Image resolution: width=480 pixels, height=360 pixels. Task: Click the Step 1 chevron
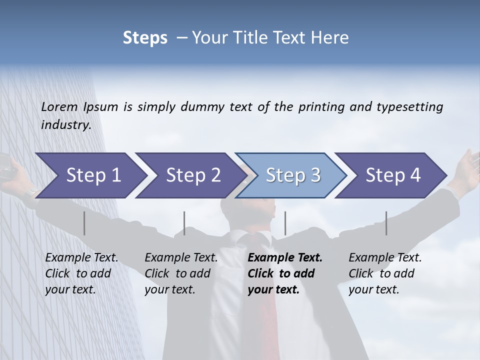pos(93,175)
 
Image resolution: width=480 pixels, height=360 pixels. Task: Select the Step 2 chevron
pos(193,175)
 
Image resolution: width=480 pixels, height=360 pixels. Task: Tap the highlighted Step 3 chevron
pos(293,175)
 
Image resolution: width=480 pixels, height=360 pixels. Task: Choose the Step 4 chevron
pos(393,175)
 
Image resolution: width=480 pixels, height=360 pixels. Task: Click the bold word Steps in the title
pos(145,37)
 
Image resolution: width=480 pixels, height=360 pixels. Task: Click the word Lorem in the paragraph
pos(59,106)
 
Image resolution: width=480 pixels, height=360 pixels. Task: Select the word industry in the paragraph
pos(65,125)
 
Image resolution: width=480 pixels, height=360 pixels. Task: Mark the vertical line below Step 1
pos(84,223)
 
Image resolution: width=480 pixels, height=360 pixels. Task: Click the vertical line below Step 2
pos(184,223)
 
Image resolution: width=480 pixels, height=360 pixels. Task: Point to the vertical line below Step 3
pos(285,223)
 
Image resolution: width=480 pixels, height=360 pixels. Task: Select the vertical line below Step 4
pos(386,223)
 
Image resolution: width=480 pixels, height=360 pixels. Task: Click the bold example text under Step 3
pos(284,273)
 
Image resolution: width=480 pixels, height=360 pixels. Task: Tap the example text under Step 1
pos(81,273)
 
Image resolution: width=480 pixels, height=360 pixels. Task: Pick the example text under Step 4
pos(385,273)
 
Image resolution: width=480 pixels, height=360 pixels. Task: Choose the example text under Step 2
pos(181,273)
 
